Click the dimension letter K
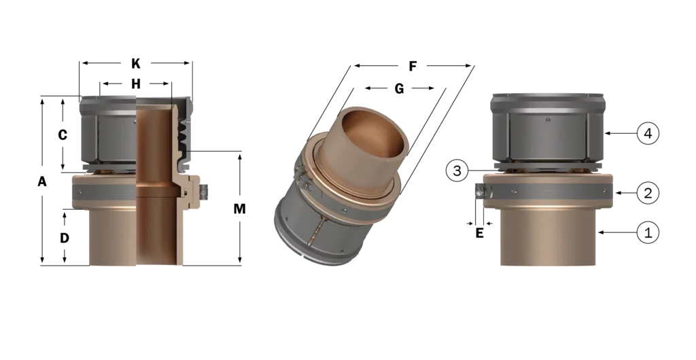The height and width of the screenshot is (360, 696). tap(136, 64)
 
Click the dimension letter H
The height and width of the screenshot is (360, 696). tap(136, 84)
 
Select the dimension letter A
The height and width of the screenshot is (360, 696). tap(41, 181)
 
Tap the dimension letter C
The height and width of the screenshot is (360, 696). tap(63, 134)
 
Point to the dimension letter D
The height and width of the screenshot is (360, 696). tap(65, 238)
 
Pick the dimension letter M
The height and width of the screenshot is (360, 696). tap(240, 209)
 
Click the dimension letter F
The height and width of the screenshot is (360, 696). tap(413, 67)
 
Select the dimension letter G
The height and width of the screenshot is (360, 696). tap(400, 89)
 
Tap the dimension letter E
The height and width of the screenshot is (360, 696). tap(479, 233)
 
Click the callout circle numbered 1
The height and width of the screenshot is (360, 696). tap(648, 232)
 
